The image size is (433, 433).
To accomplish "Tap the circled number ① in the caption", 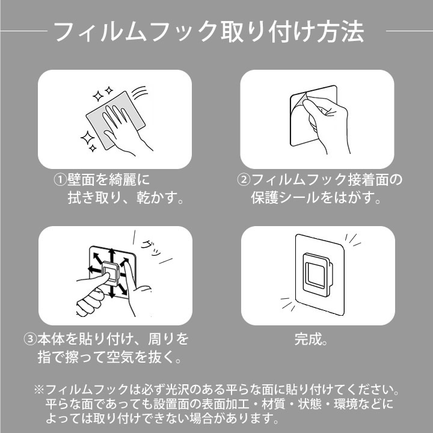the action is [x=60, y=180].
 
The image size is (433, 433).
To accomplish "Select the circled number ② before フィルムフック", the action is [x=244, y=180].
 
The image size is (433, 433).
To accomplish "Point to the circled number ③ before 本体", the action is [x=30, y=339].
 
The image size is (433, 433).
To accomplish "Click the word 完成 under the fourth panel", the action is [x=308, y=339].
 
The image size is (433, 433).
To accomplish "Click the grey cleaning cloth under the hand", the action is [x=115, y=120].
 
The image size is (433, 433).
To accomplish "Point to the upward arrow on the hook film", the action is [x=111, y=256].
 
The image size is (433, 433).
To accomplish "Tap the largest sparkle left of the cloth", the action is [x=88, y=138].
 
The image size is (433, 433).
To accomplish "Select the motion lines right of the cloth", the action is [x=140, y=93].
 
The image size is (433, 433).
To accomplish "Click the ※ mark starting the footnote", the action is [x=39, y=390].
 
